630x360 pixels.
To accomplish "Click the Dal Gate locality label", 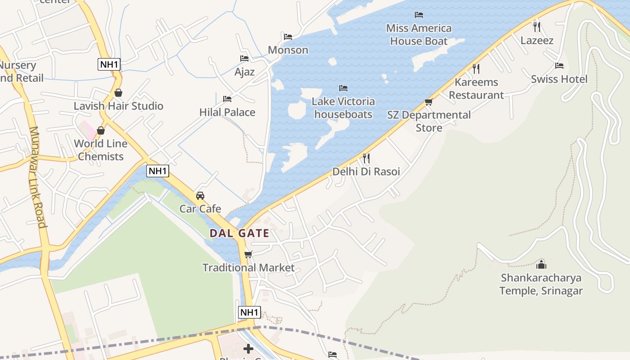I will [x=239, y=233].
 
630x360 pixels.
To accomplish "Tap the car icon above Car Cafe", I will [x=200, y=196].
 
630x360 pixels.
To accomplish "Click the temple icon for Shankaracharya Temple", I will [x=541, y=264].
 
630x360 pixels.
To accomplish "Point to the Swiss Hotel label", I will [x=559, y=79].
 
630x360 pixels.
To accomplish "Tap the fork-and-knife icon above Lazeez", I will [x=536, y=27].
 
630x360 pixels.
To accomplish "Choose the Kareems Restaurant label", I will [x=476, y=89].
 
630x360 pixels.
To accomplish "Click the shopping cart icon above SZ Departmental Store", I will [x=428, y=102].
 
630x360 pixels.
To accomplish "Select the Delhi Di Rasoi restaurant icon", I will [x=366, y=158].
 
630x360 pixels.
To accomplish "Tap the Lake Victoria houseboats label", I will [x=343, y=108].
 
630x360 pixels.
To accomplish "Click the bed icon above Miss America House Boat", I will [x=419, y=15].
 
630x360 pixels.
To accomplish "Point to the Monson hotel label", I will [x=288, y=50].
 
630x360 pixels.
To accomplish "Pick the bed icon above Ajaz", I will [x=244, y=58].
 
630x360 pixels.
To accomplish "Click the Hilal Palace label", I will [x=227, y=112].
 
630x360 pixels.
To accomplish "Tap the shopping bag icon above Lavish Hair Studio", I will [x=118, y=93].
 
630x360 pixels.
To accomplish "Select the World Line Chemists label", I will [x=101, y=150].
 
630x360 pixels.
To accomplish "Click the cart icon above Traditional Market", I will [x=248, y=254].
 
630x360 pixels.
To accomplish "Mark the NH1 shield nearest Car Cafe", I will [x=157, y=171].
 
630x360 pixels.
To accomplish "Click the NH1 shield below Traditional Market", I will [x=249, y=312].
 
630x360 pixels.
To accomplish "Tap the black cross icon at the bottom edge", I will [x=248, y=348].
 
